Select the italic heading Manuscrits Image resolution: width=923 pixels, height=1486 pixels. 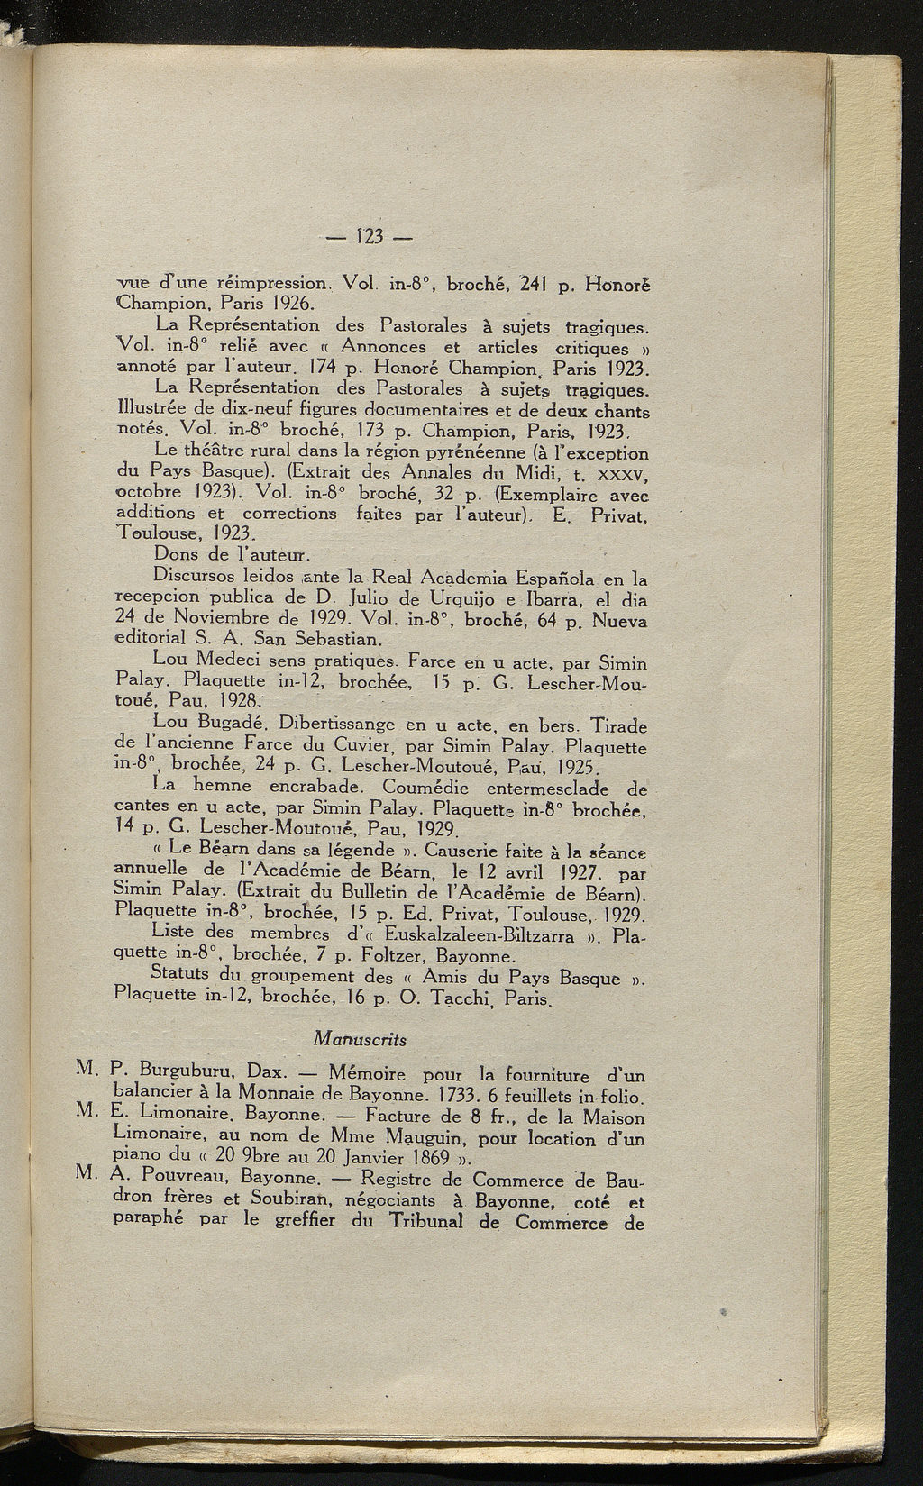click(x=360, y=1039)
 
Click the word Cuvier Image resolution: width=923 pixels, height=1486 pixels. click(x=361, y=744)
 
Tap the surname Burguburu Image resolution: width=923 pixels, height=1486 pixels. click(x=171, y=1073)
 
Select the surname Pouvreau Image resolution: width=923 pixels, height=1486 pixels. click(x=169, y=1180)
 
